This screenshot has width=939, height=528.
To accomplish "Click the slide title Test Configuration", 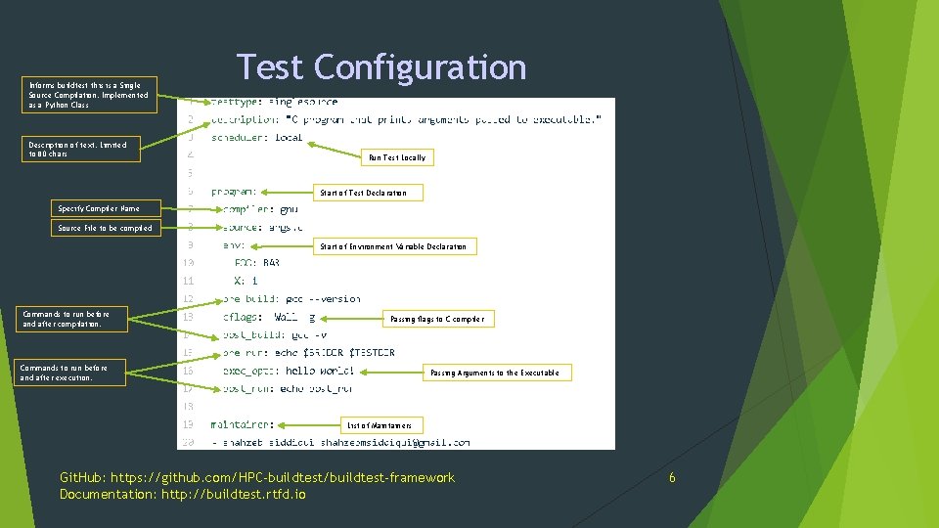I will click(381, 67).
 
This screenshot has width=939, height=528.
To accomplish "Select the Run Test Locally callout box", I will click(397, 157).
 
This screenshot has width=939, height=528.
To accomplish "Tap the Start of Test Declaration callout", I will click(363, 193).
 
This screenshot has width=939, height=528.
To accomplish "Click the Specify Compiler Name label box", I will click(98, 208).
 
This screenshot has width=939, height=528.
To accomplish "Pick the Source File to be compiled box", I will click(105, 228).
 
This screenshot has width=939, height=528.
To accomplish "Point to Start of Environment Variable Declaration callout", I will click(393, 246).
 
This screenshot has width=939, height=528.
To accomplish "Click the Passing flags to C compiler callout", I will click(436, 319).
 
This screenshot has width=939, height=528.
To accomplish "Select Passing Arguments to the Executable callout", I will click(495, 373).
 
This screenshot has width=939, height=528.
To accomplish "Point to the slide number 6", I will click(672, 477).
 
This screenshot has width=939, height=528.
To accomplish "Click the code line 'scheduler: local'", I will click(256, 138).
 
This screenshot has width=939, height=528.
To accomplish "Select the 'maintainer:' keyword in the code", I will click(243, 425).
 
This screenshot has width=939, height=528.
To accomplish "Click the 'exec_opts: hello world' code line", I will click(288, 372).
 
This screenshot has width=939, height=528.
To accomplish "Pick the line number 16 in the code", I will click(187, 372).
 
